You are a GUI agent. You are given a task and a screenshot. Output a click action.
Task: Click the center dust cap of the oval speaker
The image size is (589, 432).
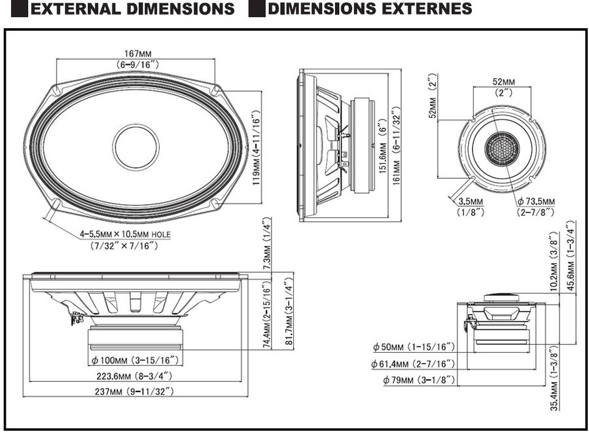135,146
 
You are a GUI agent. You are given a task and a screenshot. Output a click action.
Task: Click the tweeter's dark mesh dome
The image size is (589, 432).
501,148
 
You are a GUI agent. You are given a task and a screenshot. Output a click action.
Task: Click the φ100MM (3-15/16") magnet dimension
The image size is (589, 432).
135,360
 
